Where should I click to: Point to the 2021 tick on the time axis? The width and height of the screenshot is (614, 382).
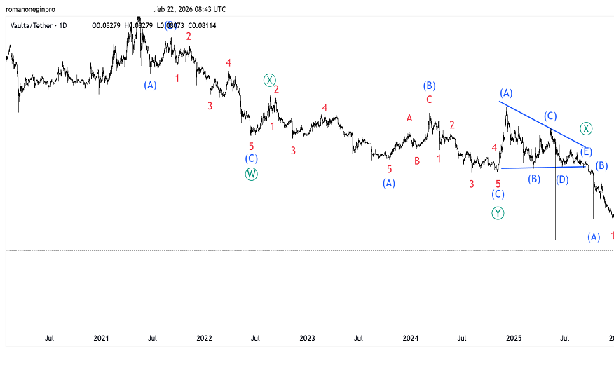click(101, 338)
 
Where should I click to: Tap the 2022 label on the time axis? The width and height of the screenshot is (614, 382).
click(204, 338)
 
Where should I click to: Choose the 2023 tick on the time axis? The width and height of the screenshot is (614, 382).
click(307, 338)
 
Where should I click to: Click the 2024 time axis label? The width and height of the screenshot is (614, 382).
click(410, 338)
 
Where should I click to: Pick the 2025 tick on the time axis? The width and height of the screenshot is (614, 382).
click(513, 338)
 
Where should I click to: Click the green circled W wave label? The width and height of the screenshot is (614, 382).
click(252, 175)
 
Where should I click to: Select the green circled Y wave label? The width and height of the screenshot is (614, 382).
click(498, 213)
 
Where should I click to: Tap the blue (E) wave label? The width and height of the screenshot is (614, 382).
click(587, 151)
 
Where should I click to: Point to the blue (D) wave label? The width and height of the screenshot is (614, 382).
click(562, 179)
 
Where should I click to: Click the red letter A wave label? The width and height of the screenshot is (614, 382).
click(409, 118)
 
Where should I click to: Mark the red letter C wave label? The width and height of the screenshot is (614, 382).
click(429, 100)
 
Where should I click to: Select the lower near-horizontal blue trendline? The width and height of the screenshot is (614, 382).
click(543, 167)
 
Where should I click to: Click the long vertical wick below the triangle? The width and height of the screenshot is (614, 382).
click(556, 210)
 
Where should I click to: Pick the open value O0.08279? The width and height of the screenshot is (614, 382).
click(107, 26)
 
